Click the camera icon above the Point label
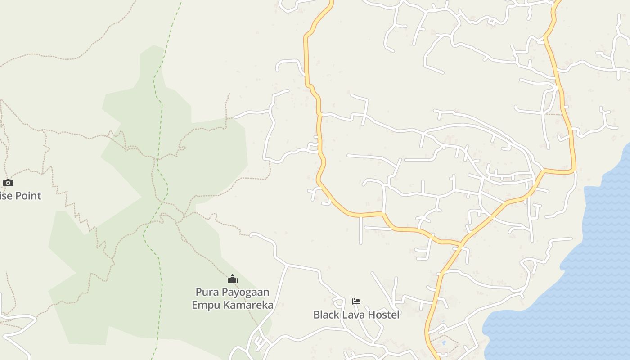(x=8, y=183)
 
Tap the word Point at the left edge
(x=28, y=196)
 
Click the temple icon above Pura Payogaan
(x=233, y=279)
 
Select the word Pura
(x=207, y=292)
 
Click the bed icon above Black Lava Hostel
(x=356, y=301)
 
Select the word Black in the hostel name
(x=327, y=315)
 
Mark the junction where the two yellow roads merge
(x=462, y=243)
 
